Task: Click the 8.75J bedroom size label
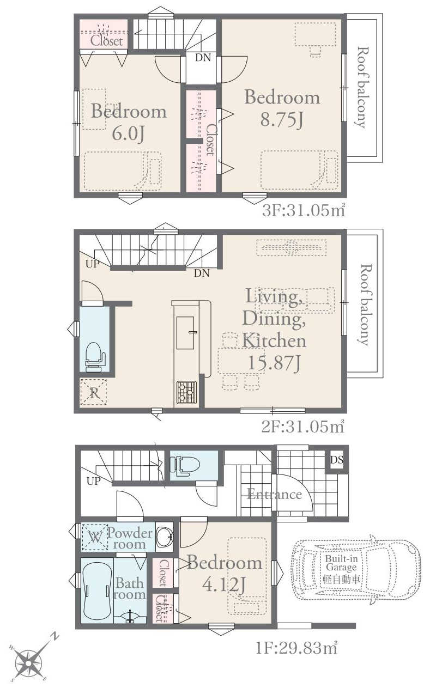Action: (x=282, y=120)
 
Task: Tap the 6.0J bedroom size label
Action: (x=129, y=134)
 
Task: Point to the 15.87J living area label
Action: (x=274, y=363)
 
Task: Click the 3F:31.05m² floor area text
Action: (x=304, y=211)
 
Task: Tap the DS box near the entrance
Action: (x=337, y=460)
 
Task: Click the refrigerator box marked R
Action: (x=94, y=393)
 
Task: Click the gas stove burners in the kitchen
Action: (x=186, y=392)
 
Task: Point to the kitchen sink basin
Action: (x=185, y=333)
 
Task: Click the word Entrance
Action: (x=275, y=495)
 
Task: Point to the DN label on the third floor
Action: (x=203, y=57)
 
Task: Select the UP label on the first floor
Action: (x=93, y=481)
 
